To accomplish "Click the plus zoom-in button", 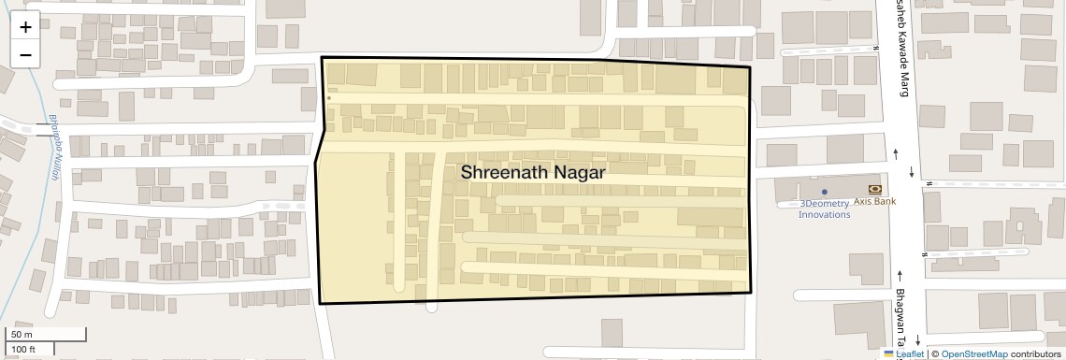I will point(25,26).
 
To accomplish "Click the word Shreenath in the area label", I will point(502,173).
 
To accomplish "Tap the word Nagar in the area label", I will point(580,173).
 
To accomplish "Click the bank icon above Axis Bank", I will point(874,189).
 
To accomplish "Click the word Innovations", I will point(824,214).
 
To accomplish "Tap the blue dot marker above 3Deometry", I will point(824,192).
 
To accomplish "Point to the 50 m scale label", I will point(22,335).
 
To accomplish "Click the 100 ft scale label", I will point(23,349).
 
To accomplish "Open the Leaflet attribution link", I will point(910,354).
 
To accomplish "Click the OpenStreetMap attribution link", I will point(973,354).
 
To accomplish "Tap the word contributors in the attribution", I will point(1036,354).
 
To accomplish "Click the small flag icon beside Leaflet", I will point(888,354).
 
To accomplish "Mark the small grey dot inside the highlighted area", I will point(329,96).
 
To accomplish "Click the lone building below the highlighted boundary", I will point(612,334).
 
